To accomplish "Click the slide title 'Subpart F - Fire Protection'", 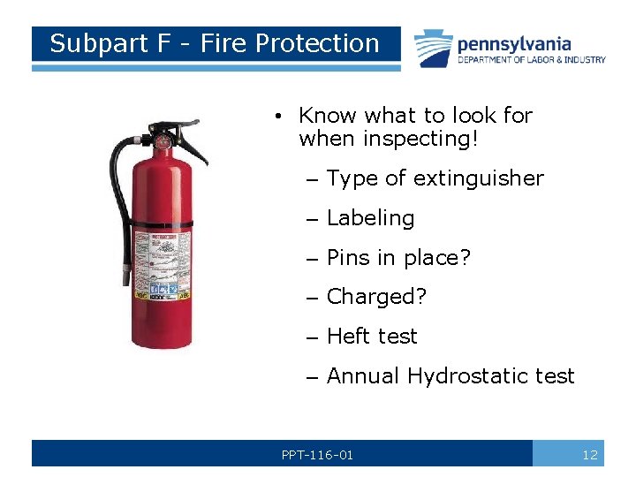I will coord(214,43).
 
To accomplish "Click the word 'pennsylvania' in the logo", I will coord(514,43).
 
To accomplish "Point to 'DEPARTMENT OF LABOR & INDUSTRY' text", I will coord(531,60).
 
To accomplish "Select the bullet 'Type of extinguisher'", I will coord(435,178).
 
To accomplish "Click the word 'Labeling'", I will coord(370,218).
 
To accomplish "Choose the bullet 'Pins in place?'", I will coord(398,258).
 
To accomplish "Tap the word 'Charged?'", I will coord(376,298).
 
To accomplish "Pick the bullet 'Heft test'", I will coord(372,337).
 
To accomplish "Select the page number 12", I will coord(590,455).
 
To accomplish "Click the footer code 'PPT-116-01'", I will coord(317,455).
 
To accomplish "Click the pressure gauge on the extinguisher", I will coord(163,140).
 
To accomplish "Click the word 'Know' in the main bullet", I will coord(328,116).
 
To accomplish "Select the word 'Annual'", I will coord(363,376).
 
